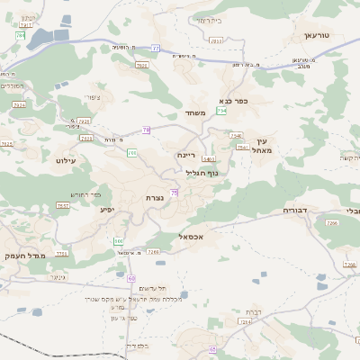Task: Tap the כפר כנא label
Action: [x=232, y=101]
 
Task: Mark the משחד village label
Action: [x=198, y=112]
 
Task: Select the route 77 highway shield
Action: [x=156, y=49]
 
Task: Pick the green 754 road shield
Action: [x=220, y=111]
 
